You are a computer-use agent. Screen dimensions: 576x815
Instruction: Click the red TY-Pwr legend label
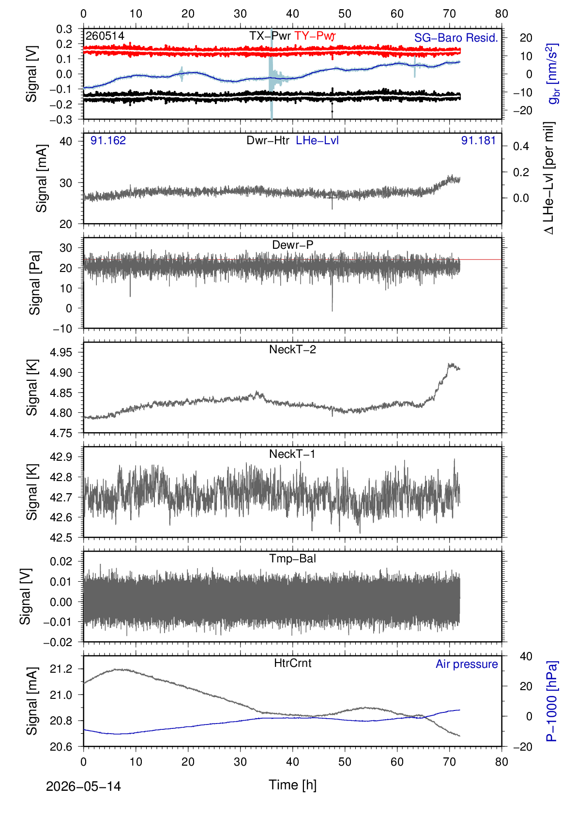(x=315, y=36)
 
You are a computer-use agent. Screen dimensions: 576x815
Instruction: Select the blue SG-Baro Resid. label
(x=456, y=38)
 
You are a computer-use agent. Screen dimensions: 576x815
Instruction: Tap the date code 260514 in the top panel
(x=105, y=36)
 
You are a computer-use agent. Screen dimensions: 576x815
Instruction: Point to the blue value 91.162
(x=108, y=140)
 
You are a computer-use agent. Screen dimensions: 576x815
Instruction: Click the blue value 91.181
(x=479, y=140)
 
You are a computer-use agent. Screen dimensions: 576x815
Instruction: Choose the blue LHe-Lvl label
(x=318, y=140)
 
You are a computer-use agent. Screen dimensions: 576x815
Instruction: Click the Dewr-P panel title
(x=292, y=245)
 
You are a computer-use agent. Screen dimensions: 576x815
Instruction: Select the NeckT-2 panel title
(x=292, y=349)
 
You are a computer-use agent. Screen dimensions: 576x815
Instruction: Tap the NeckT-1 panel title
(x=292, y=453)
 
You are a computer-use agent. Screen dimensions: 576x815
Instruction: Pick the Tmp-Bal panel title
(x=292, y=558)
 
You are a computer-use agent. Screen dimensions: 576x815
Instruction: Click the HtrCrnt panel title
(x=292, y=663)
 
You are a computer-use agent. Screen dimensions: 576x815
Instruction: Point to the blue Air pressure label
(x=467, y=664)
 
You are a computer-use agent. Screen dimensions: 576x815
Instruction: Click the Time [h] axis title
(x=292, y=785)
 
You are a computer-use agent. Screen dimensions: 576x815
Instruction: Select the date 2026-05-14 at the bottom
(x=83, y=786)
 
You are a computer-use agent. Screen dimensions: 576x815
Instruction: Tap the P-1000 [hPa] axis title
(x=552, y=701)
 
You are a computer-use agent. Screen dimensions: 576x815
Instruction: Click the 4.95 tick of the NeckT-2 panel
(x=61, y=352)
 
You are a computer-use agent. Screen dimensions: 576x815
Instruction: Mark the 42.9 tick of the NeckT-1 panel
(x=61, y=457)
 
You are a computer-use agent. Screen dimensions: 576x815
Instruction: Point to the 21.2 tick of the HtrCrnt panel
(x=61, y=669)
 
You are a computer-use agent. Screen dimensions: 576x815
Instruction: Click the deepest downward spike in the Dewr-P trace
(x=332, y=310)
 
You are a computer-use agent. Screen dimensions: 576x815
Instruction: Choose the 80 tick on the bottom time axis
(x=501, y=762)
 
